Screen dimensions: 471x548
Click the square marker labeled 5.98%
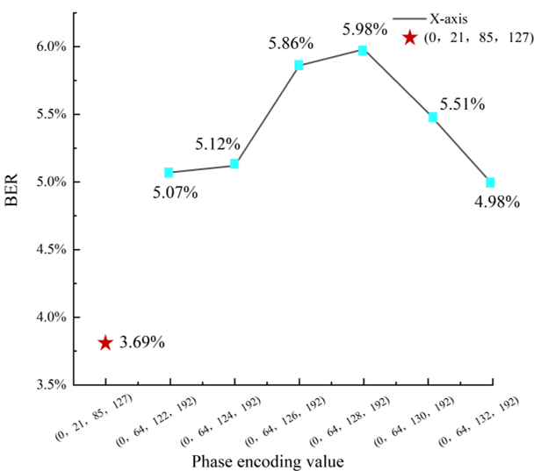363,51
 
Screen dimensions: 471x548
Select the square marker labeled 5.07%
169,173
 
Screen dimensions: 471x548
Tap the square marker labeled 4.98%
490,182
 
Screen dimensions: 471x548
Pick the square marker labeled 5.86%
299,65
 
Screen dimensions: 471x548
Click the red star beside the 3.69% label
105,343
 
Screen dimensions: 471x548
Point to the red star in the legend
409,38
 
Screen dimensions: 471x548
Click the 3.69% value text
142,342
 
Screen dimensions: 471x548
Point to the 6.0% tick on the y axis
51,46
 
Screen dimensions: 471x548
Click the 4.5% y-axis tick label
51,249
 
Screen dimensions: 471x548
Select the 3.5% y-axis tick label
51,384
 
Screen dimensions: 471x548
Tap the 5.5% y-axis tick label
51,114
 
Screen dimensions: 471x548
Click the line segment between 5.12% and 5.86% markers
267,114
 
